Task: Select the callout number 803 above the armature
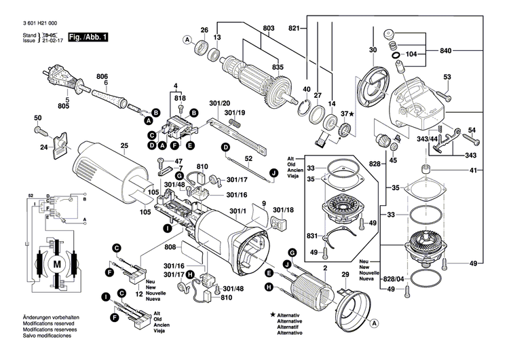pos(268,28)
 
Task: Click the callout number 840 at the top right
pos(446,51)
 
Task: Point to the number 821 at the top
pos(294,28)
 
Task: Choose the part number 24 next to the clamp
pos(43,147)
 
